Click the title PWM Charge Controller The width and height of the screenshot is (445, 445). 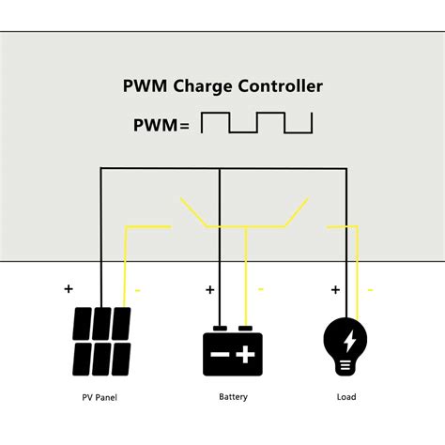222,86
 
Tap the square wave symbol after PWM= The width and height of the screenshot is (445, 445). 256,123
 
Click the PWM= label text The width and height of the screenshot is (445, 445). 161,124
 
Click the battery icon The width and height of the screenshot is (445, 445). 231,351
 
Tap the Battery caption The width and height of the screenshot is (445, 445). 233,397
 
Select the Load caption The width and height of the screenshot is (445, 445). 346,397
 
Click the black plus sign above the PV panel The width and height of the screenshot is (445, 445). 68,289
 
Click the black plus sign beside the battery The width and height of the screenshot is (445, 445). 209,290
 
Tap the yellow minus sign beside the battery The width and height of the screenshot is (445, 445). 260,290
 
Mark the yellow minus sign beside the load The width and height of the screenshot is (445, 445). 369,290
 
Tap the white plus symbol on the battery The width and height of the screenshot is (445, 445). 246,355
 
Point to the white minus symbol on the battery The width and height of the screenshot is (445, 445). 218,356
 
